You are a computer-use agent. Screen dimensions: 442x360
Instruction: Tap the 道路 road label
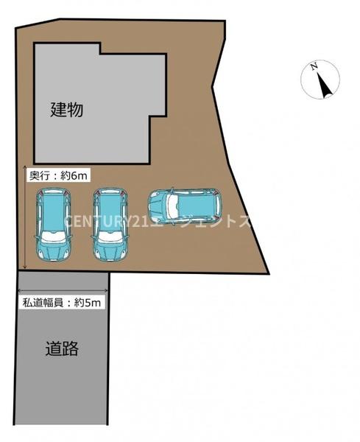pyautogui.click(x=61, y=348)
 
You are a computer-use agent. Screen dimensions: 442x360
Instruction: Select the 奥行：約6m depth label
pyautogui.click(x=59, y=176)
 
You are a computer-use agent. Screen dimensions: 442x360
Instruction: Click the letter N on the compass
pyautogui.click(x=314, y=68)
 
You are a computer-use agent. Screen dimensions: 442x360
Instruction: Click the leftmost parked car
pyautogui.click(x=54, y=225)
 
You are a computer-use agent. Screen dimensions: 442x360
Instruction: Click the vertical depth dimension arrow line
pyautogui.click(x=27, y=221)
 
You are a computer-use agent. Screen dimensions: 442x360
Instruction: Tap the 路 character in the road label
pyautogui.click(x=71, y=348)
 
